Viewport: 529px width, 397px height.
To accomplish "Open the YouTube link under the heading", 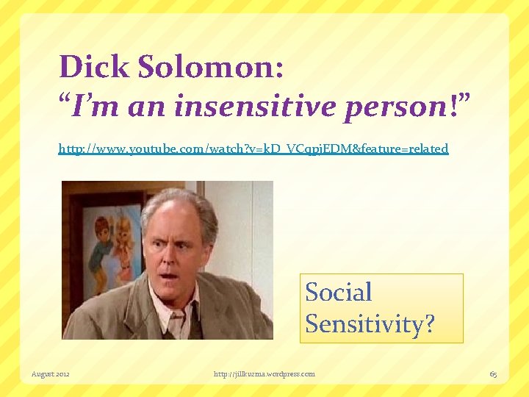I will (x=253, y=149).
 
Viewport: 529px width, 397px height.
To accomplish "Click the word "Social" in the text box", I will (x=339, y=292).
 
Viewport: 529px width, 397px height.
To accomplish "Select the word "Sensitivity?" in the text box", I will (x=370, y=323).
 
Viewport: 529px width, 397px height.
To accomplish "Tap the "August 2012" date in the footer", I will (x=50, y=374).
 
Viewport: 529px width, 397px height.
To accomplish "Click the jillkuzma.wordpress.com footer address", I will (x=264, y=374).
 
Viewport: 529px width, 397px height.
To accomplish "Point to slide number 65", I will (x=493, y=374).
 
